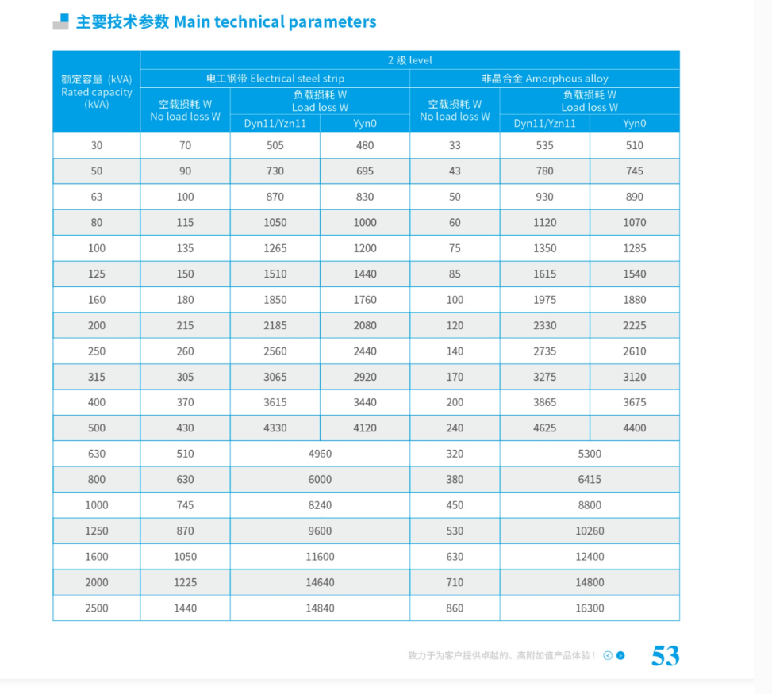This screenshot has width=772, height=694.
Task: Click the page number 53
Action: tap(665, 656)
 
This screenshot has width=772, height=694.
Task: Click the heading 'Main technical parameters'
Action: tap(275, 22)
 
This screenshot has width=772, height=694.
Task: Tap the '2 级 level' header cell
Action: tap(409, 60)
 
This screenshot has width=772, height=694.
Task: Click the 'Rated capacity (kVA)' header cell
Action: tap(97, 91)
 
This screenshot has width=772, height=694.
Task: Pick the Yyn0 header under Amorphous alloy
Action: tap(634, 124)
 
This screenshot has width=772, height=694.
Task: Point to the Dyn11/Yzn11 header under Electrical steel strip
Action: tap(275, 124)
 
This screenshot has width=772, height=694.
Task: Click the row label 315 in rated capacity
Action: tap(97, 377)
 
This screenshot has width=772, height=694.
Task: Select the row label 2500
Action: tap(97, 608)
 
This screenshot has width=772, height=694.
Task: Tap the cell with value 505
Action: tap(275, 146)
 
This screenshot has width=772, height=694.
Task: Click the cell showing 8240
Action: tap(320, 505)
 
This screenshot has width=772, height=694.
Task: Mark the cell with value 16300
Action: tap(590, 608)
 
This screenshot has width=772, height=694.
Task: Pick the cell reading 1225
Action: tap(185, 583)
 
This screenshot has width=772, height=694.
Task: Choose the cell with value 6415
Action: tap(590, 480)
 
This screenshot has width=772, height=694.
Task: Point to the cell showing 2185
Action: tap(275, 326)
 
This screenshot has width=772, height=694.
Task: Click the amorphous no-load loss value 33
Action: tap(455, 146)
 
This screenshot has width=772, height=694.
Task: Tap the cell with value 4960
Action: tap(320, 454)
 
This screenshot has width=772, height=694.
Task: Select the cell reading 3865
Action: tap(544, 403)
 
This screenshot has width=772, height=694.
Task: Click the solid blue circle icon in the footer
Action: tap(620, 656)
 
